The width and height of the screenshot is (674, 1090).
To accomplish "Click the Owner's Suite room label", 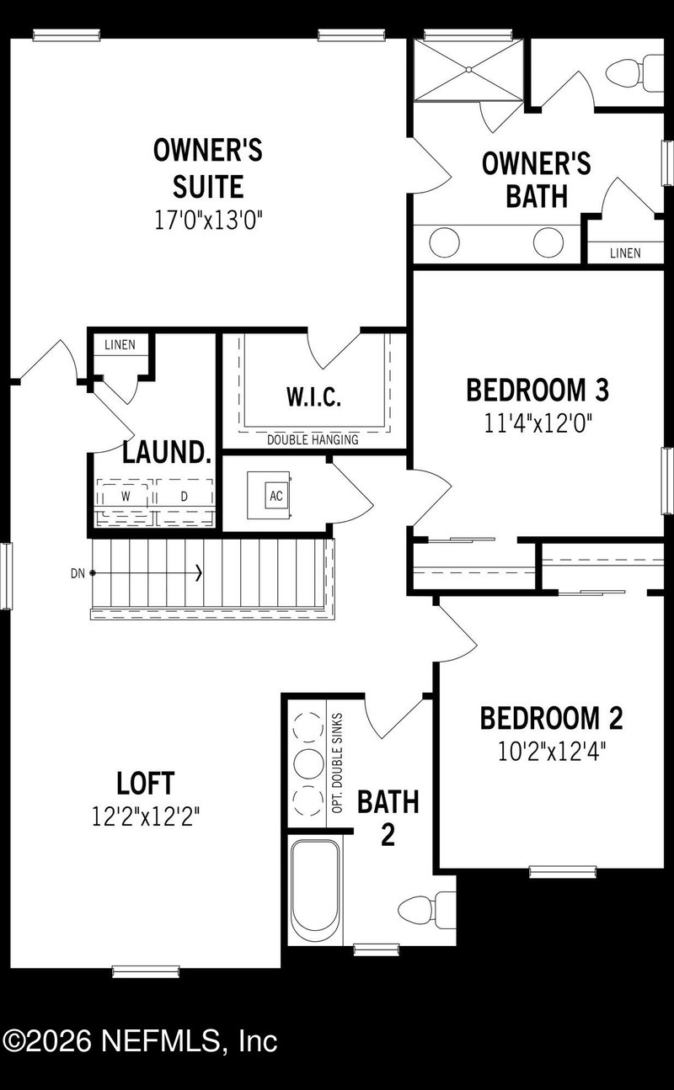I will coord(208,167).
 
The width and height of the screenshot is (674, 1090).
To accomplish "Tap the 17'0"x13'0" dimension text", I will coord(208,221).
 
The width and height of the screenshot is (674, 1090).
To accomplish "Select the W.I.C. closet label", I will coord(313,397).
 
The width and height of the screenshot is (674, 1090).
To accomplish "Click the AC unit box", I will coord(275,496).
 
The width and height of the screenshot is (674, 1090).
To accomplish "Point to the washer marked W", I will coord(126,497).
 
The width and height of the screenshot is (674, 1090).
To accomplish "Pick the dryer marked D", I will coord(184,497).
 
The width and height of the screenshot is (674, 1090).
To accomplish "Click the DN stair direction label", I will coord(78,574).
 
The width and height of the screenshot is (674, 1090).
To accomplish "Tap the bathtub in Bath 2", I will coord(315,889).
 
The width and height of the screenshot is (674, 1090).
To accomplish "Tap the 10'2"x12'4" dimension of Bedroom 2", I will coord(552,751).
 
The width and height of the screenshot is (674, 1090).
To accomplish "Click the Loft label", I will coord(146,784).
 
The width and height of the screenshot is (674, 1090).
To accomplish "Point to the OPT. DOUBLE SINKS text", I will coord(338,763).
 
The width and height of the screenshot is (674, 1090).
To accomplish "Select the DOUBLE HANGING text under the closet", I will coord(313,439).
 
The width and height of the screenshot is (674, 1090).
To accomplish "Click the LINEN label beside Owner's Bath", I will coord(624,253).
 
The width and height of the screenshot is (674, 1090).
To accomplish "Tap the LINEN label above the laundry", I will coord(120,345).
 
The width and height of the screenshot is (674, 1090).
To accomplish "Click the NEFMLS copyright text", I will coord(140,1041).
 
